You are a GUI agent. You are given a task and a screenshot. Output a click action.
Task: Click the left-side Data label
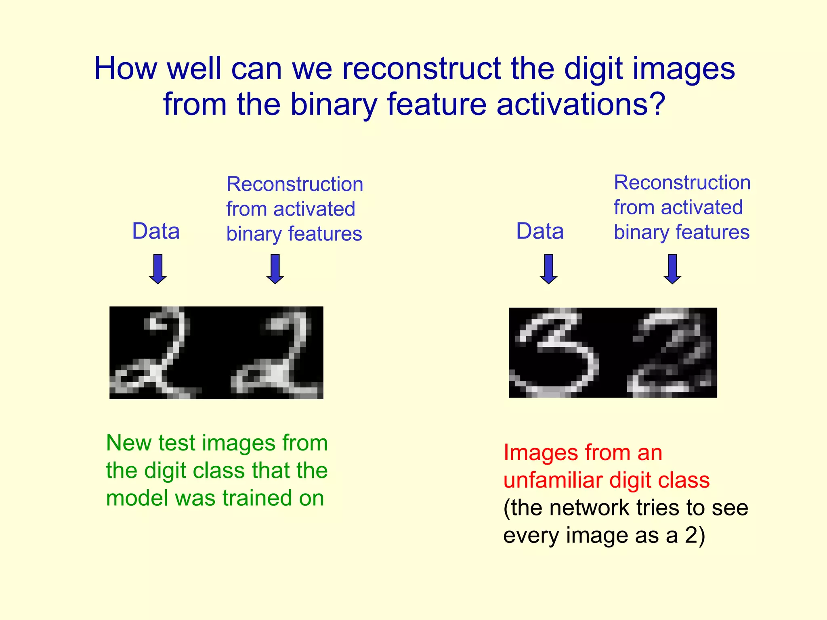[156, 231]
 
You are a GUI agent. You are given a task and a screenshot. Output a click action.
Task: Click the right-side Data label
[540, 231]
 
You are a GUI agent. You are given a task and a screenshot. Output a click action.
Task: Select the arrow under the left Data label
[158, 269]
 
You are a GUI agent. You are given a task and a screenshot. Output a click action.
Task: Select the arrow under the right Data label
[549, 269]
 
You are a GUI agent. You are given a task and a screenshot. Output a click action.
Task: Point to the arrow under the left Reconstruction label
[275, 269]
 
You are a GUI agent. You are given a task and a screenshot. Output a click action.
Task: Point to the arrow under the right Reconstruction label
[672, 269]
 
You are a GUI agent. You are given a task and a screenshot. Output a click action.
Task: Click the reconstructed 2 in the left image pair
[275, 352]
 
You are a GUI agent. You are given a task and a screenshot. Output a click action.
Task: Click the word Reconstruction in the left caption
[295, 184]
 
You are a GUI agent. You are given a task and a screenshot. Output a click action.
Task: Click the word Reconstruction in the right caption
[682, 182]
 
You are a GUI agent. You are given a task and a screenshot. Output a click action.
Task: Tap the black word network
[590, 508]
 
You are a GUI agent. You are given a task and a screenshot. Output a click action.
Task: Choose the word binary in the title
[334, 104]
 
